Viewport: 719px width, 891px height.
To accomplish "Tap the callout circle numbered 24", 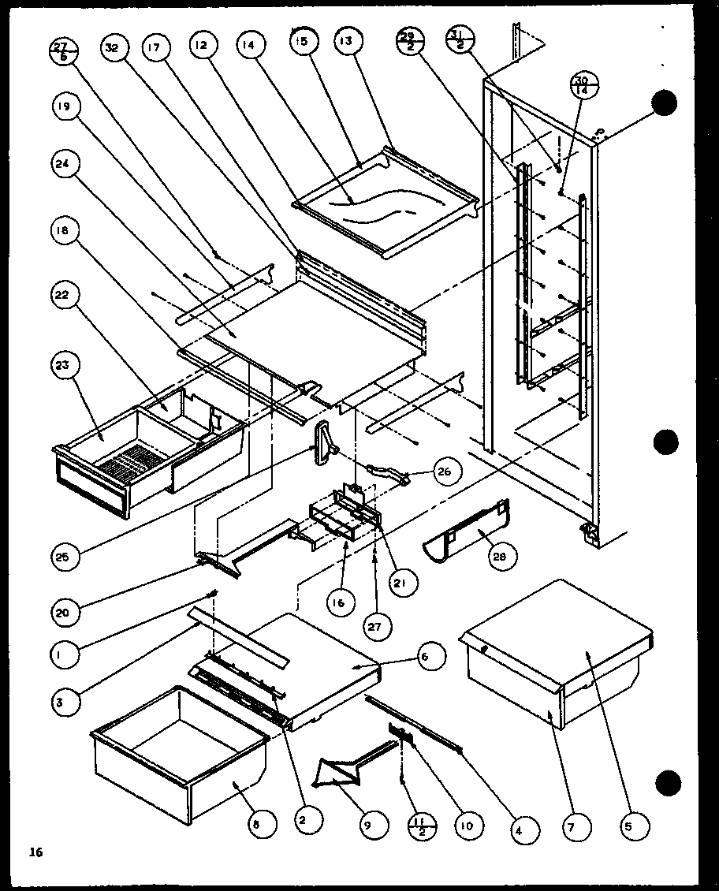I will pos(66,166).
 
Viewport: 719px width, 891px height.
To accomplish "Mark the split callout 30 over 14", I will pos(584,86).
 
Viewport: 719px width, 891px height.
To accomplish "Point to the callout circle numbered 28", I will pos(502,555).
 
